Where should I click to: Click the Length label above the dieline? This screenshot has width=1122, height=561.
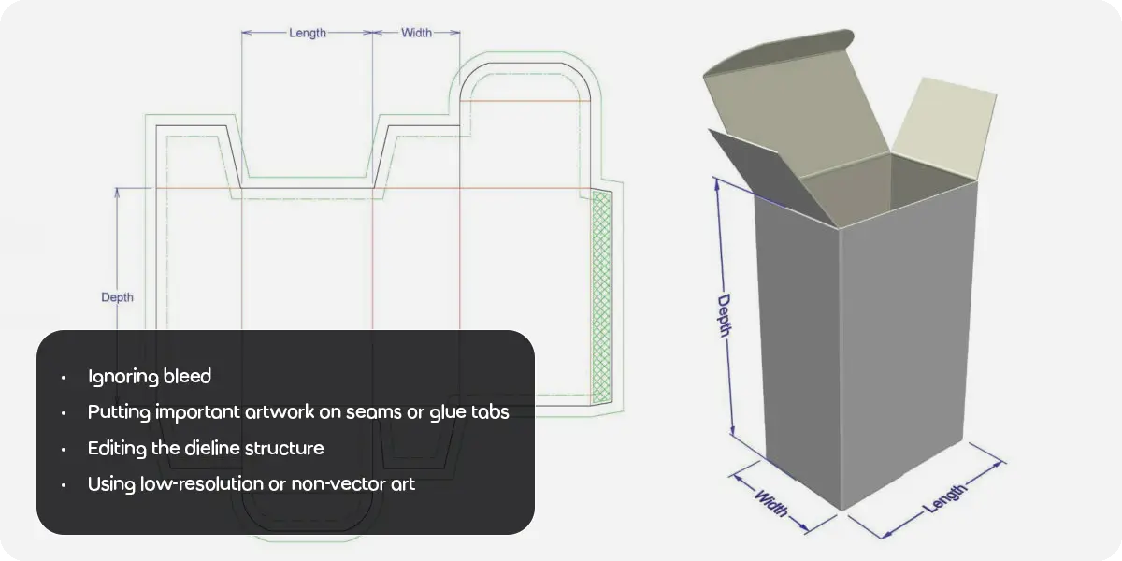307,33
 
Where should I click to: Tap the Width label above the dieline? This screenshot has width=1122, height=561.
416,33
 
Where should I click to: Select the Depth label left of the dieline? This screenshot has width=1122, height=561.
117,297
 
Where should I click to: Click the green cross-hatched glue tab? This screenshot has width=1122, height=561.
601,296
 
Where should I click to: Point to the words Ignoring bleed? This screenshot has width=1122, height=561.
150,377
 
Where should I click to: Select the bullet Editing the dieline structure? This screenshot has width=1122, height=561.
206,448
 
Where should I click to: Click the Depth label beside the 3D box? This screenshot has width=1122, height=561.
725,316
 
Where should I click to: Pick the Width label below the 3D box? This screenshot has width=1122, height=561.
770,503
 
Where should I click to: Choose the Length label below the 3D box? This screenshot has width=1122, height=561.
944,499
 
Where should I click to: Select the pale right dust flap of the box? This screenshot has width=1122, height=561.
944,128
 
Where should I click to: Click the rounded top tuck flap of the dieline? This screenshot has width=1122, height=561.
525,81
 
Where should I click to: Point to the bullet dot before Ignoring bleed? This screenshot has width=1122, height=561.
64,378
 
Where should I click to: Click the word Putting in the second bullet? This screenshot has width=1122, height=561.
119,412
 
